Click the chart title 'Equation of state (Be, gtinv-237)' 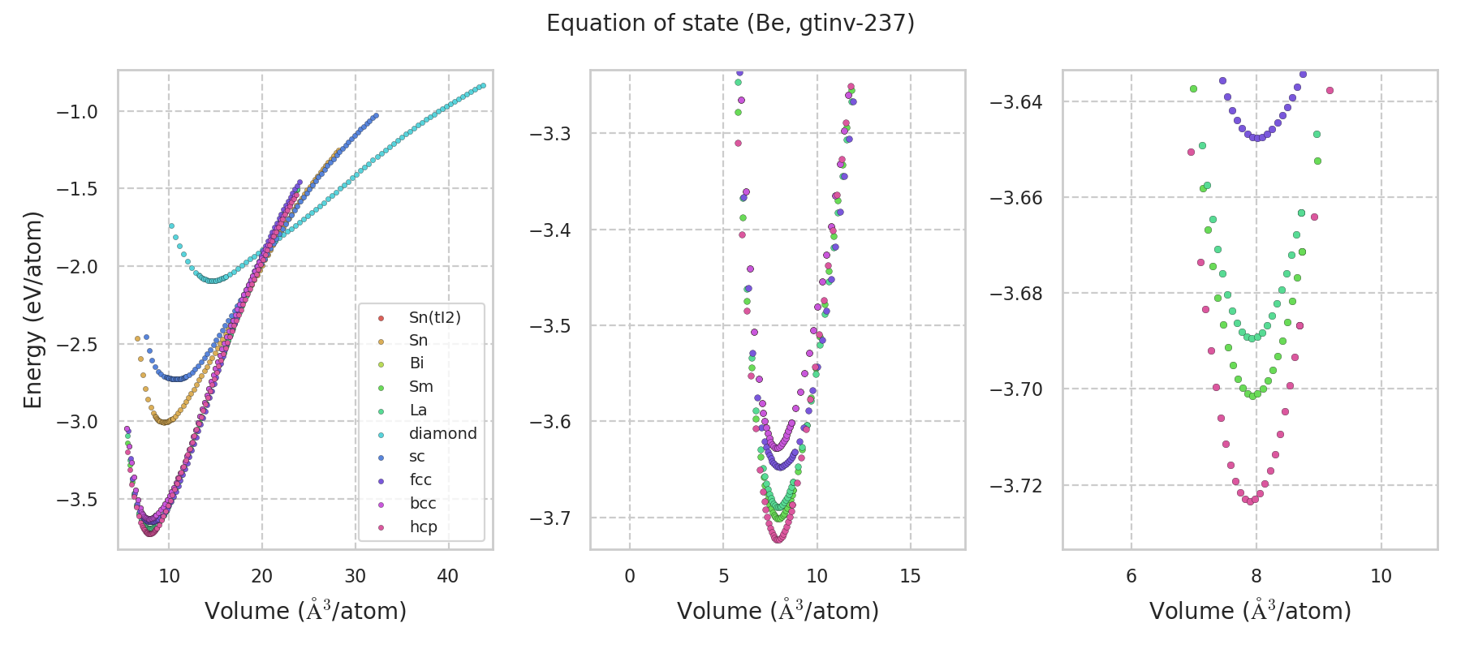730,24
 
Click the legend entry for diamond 442,433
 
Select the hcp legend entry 423,527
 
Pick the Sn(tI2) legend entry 434,317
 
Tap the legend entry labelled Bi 416,363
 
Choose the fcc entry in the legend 420,480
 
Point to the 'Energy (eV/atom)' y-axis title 32,309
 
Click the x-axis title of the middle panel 778,611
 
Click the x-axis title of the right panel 1250,611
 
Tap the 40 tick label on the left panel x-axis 447,576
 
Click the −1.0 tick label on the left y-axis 77,112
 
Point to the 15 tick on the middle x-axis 911,576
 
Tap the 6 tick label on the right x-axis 1131,576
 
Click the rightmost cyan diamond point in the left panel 483,85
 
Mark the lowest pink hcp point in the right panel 1251,501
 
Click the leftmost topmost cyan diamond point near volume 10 171,226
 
